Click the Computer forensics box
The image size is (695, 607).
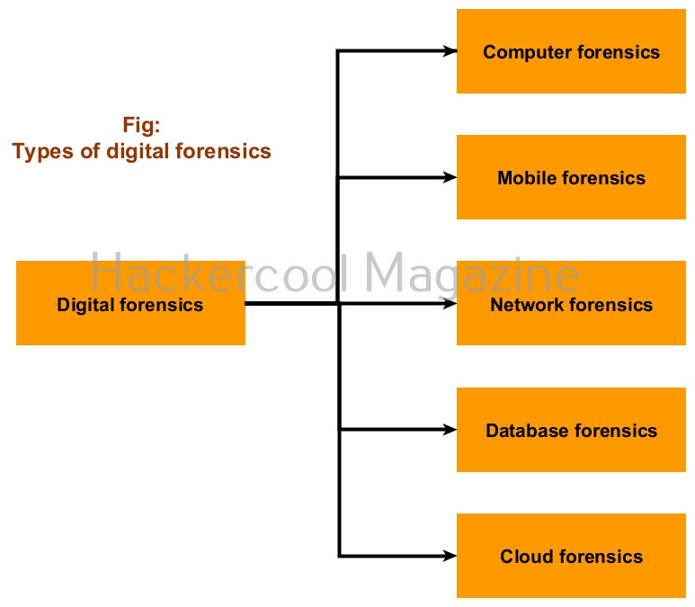coord(571,51)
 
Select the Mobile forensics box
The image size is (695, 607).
coord(571,177)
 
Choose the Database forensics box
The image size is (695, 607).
coord(571,430)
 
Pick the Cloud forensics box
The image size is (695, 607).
coord(571,556)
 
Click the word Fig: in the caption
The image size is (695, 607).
coord(141,125)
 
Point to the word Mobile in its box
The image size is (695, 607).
coord(526,178)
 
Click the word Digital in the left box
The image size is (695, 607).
coord(85,305)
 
